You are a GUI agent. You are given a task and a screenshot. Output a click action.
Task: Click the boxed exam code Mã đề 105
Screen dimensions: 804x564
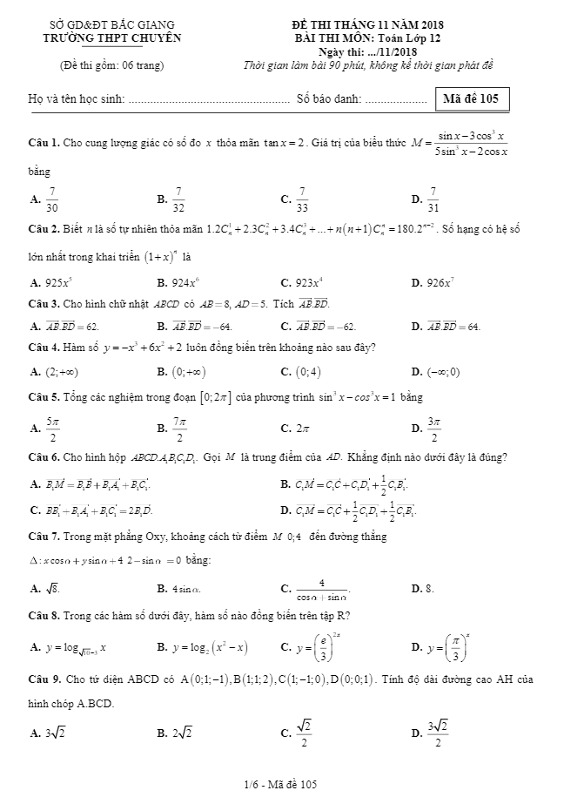[470, 98]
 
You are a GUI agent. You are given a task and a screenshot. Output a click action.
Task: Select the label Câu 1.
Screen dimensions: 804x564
[43, 142]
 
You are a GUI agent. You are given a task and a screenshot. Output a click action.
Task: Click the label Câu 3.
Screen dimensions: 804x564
[43, 303]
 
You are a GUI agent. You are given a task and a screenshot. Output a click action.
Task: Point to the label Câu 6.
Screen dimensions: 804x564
[43, 457]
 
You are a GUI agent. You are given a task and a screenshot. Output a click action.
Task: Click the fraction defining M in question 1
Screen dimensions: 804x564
[473, 143]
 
